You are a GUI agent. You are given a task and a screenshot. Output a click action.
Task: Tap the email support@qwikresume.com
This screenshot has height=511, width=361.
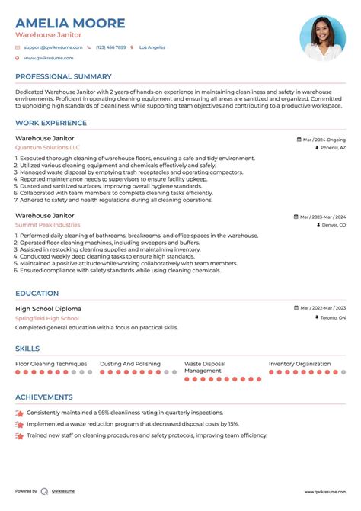[51, 47]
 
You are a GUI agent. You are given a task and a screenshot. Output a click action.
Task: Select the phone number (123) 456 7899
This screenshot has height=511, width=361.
[110, 47]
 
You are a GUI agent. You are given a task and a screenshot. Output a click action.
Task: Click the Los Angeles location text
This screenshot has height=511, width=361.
[152, 47]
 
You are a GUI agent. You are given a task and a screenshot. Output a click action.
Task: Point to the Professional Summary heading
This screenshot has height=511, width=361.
[63, 76]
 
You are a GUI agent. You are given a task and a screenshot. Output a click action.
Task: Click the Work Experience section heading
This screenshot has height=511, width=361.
[52, 124]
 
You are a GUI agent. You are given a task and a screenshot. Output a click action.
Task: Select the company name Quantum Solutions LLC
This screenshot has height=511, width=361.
[47, 147]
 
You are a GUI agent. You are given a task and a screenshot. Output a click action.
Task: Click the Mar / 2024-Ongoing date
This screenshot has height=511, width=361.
[323, 140]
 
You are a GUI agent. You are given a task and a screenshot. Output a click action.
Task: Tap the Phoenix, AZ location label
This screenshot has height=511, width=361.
[332, 148]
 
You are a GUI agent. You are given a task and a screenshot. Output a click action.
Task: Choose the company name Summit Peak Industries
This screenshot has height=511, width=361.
[47, 225]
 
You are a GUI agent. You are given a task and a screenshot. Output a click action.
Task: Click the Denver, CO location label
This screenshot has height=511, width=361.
[332, 226]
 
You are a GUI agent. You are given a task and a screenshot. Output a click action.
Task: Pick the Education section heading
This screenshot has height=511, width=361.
[37, 293]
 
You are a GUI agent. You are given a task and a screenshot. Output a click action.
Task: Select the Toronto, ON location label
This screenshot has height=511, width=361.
[331, 317]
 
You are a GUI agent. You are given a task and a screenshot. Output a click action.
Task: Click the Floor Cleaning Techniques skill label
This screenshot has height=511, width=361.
[51, 364]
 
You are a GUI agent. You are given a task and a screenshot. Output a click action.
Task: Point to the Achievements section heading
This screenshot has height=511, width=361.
[44, 397]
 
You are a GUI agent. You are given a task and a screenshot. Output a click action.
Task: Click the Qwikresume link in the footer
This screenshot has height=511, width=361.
[62, 491]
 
